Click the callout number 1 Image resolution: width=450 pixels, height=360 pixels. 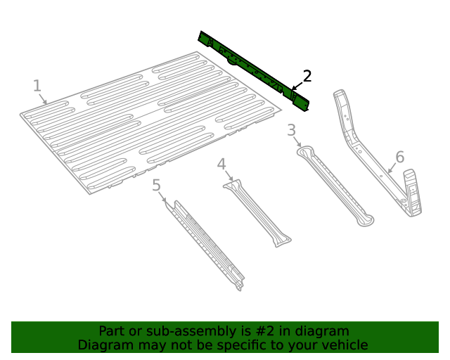37,86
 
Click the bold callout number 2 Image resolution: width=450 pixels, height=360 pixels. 307,76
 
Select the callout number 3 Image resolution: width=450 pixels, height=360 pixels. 291,130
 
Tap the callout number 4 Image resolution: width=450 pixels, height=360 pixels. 221,165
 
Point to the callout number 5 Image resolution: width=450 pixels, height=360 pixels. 157,185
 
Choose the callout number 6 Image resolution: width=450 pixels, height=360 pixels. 399,157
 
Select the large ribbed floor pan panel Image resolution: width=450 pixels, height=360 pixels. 148,123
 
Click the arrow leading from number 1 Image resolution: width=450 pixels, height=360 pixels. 44,99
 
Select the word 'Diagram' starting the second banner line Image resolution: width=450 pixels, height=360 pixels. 102,345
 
